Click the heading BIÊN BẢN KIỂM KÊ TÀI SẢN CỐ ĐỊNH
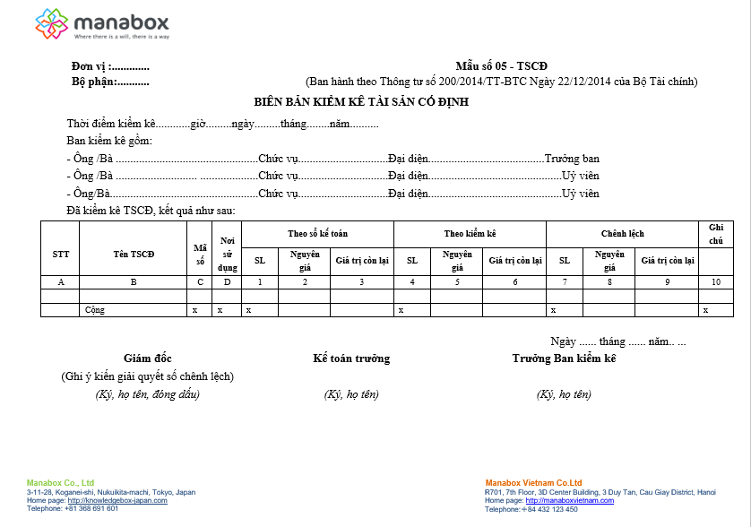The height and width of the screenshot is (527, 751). pyautogui.click(x=361, y=102)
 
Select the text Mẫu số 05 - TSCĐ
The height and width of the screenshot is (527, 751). pyautogui.click(x=501, y=67)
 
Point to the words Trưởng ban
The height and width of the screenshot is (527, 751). pyautogui.click(x=572, y=159)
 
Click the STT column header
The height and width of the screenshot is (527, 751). pyautogui.click(x=60, y=254)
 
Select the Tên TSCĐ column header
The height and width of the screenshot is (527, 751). pyautogui.click(x=134, y=254)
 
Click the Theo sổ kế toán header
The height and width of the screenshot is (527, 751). pyautogui.click(x=317, y=233)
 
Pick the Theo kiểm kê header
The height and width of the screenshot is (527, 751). pyautogui.click(x=470, y=233)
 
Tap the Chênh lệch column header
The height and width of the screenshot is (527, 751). pyautogui.click(x=622, y=233)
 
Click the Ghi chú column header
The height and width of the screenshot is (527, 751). pyautogui.click(x=715, y=234)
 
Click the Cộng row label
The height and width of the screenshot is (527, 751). pyautogui.click(x=94, y=309)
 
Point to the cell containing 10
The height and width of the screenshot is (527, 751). pyautogui.click(x=715, y=281)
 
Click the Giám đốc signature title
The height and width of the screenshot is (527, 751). pyautogui.click(x=147, y=359)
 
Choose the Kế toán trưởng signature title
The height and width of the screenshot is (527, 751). pyautogui.click(x=351, y=359)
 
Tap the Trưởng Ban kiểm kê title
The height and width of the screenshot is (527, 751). pyautogui.click(x=564, y=359)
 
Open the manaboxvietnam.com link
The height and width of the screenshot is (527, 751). pyautogui.click(x=570, y=500)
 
